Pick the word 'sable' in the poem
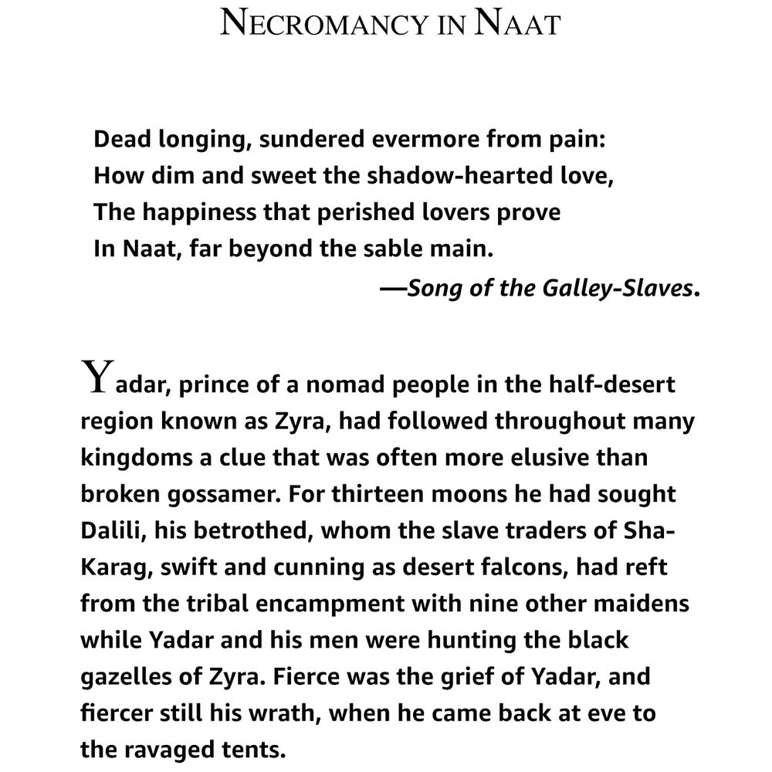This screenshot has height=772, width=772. [x=392, y=249]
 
